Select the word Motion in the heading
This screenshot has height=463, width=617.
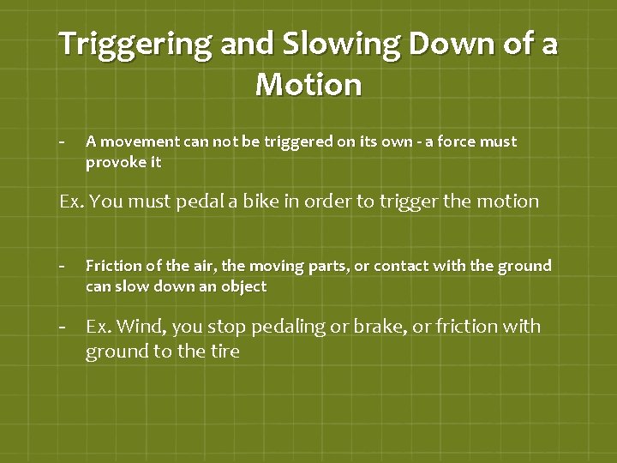[308, 85]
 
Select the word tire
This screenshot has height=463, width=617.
[222, 352]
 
